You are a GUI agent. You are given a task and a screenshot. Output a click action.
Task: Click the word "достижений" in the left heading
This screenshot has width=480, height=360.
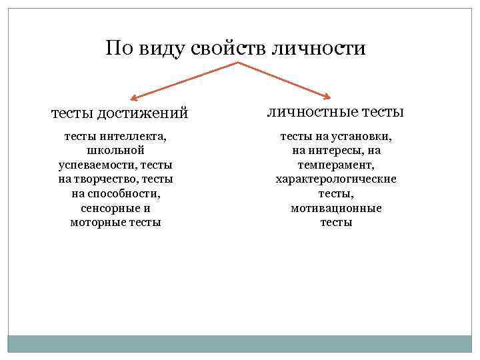(144, 114)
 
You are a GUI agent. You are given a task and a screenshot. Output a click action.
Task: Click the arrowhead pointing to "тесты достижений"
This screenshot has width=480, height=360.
(131, 97)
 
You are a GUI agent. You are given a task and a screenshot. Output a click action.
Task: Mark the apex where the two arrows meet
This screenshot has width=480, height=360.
(239, 63)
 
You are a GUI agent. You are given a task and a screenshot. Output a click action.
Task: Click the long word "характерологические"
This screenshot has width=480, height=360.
(336, 179)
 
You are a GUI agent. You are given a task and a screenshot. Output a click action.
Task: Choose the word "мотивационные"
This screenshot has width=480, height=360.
(336, 208)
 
